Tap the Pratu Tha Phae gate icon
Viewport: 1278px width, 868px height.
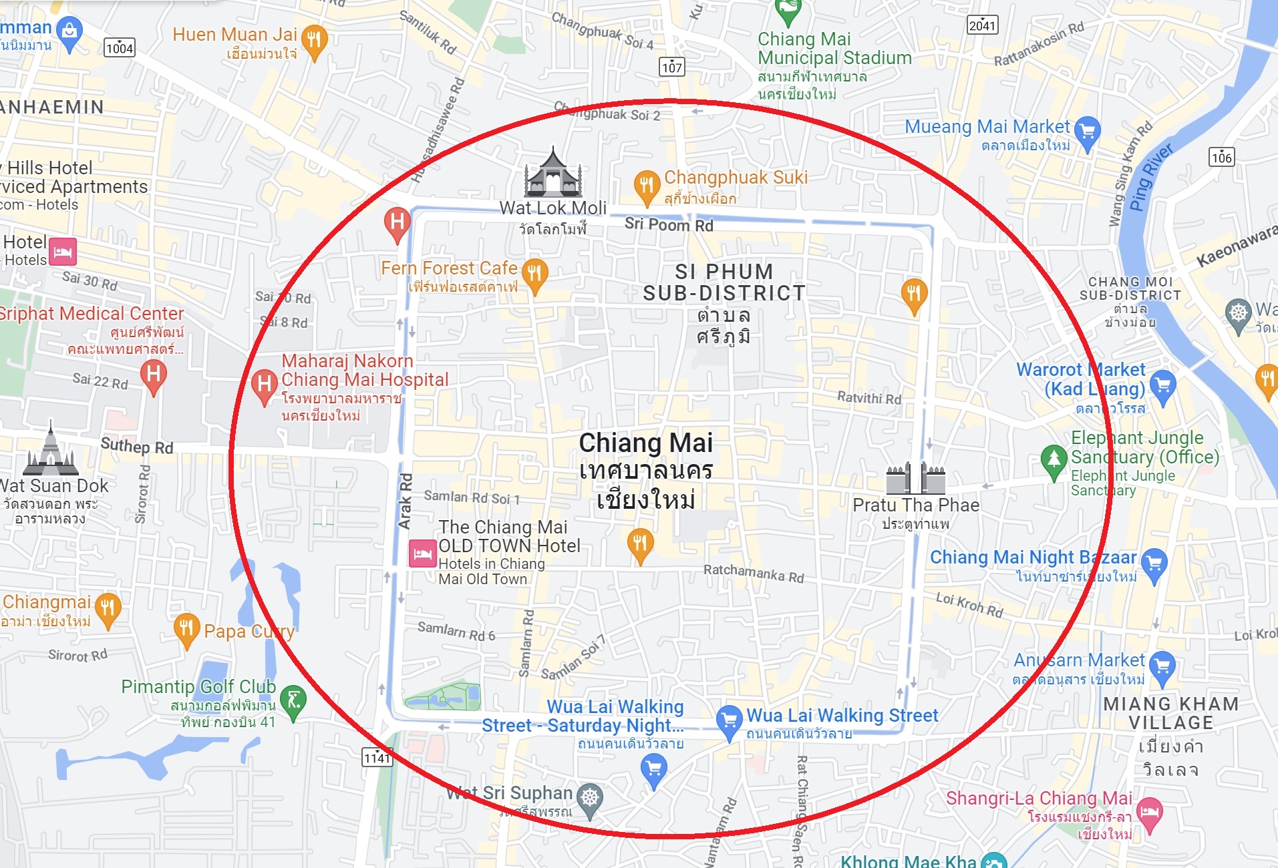pyautogui.click(x=915, y=477)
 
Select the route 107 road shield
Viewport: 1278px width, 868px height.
pyautogui.click(x=671, y=67)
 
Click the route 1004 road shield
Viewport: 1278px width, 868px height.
pyautogui.click(x=120, y=47)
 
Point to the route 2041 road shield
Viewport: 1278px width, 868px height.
pyautogui.click(x=982, y=25)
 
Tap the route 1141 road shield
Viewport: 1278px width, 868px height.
pyautogui.click(x=377, y=757)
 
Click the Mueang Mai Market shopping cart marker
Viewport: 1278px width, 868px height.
pyautogui.click(x=1087, y=132)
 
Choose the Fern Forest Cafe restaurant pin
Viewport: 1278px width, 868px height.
pyautogui.click(x=534, y=274)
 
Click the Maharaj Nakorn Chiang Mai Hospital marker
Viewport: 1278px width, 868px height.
pyautogui.click(x=265, y=385)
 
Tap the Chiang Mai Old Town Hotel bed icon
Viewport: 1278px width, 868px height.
pyautogui.click(x=422, y=554)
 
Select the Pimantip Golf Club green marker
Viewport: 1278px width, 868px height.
pyautogui.click(x=293, y=700)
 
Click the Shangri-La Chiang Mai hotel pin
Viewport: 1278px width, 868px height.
pyautogui.click(x=1150, y=813)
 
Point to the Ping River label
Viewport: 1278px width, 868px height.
pyautogui.click(x=1150, y=177)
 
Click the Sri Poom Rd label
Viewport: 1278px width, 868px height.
pyautogui.click(x=669, y=225)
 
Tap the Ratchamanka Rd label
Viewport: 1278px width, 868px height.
pyautogui.click(x=754, y=573)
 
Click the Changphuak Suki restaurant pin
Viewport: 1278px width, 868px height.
pyautogui.click(x=646, y=186)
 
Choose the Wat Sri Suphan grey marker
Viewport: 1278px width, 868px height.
pyautogui.click(x=590, y=799)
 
